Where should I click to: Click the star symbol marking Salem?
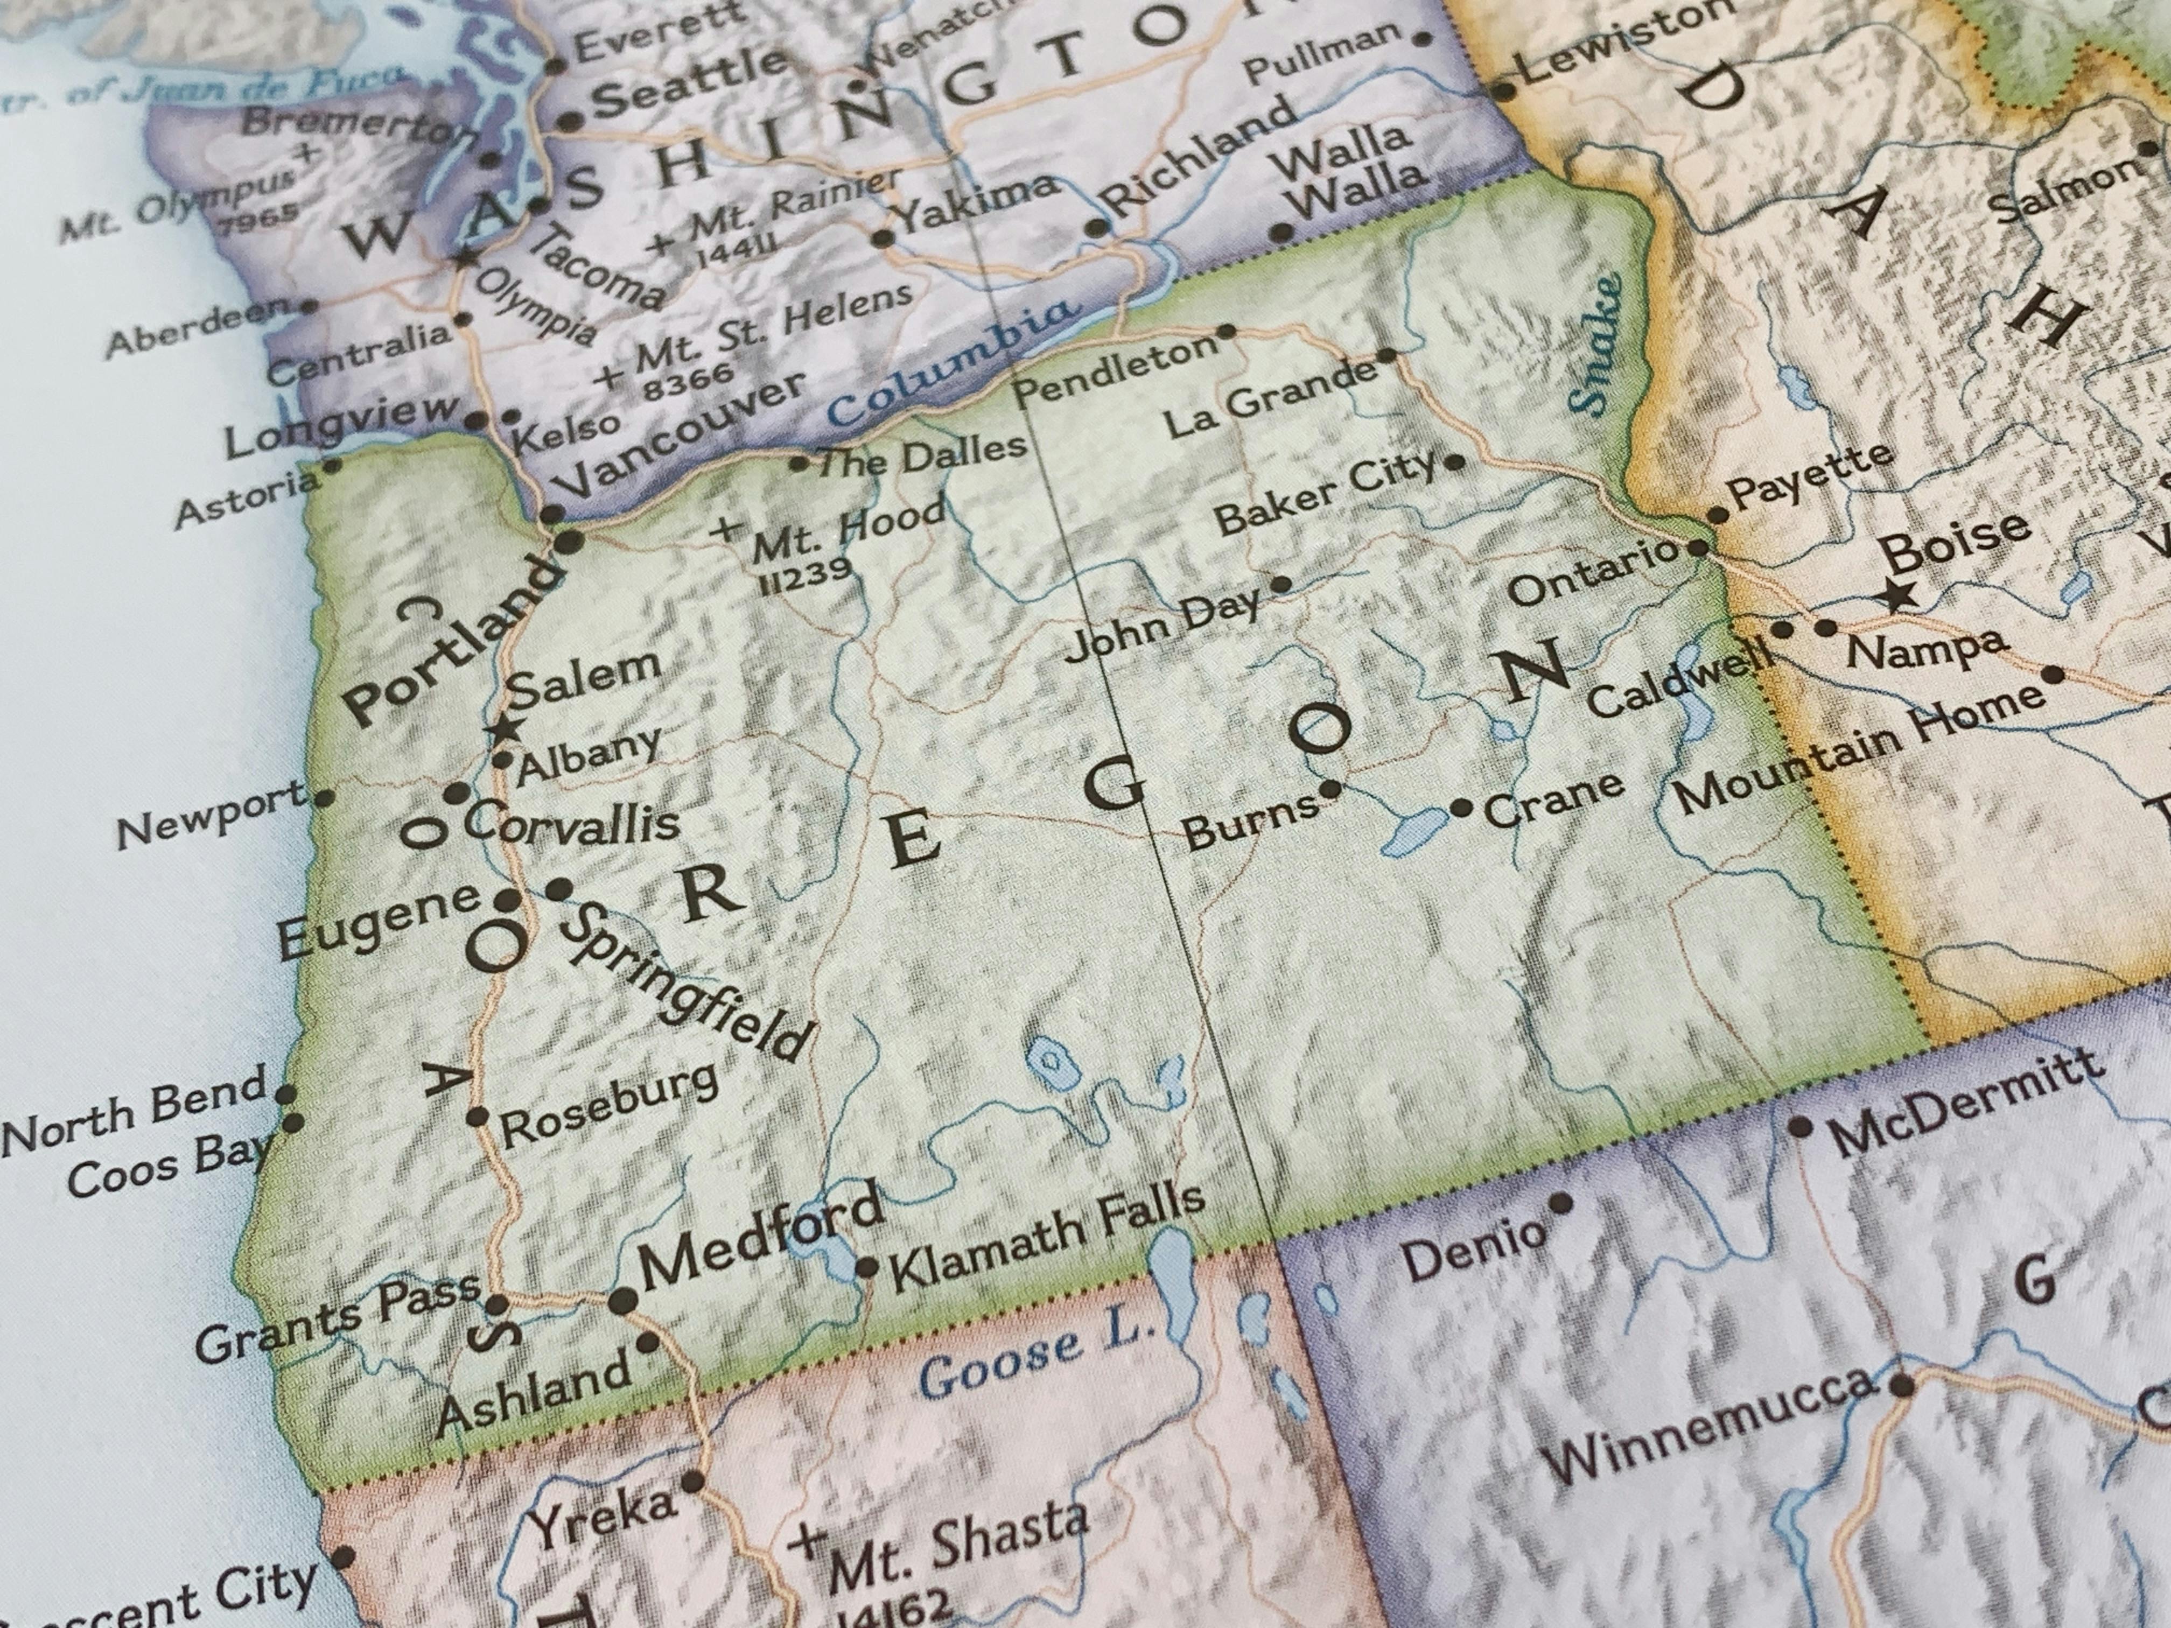point(507,729)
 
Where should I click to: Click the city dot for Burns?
point(1330,788)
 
